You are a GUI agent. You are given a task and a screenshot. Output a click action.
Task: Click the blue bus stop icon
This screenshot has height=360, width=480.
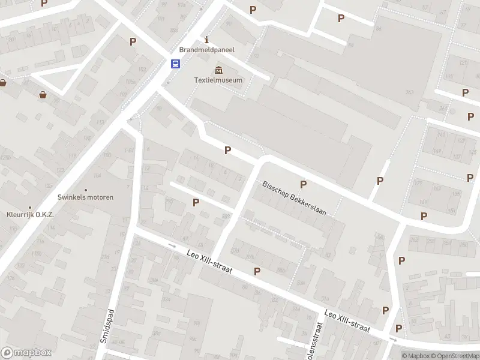tap(175, 64)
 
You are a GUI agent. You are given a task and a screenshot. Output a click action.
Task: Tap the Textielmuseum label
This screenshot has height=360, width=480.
tap(218, 80)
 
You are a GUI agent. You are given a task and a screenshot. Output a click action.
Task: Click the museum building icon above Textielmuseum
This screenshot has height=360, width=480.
tap(218, 70)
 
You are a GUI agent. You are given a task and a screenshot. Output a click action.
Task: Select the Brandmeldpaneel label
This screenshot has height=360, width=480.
tap(207, 50)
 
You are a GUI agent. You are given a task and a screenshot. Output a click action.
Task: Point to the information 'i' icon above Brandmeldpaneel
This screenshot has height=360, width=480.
tap(207, 40)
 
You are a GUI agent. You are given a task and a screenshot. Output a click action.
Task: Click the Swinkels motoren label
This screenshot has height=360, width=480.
tap(85, 197)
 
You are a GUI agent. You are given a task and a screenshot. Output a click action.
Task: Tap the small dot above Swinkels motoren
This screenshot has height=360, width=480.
tap(85, 189)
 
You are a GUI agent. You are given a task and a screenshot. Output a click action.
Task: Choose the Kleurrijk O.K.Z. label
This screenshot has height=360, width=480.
tap(30, 214)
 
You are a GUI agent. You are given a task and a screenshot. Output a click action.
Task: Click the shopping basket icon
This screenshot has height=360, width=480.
tap(43, 94)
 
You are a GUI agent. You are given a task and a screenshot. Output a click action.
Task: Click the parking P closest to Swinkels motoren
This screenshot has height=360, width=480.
tap(196, 203)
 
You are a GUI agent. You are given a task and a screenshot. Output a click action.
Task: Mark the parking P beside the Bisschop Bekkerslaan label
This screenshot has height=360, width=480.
tap(303, 184)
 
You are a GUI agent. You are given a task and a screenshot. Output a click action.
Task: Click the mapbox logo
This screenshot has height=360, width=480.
tap(26, 353)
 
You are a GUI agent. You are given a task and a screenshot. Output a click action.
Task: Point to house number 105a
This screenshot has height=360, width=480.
tap(130, 82)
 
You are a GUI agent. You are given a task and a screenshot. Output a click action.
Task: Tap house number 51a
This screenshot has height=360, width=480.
tap(326, 298)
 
